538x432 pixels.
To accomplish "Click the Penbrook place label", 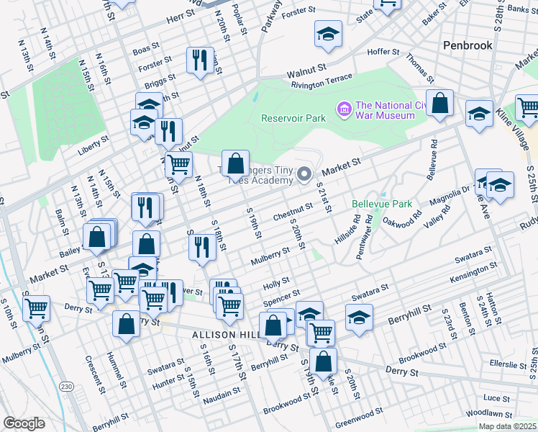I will click(468, 45).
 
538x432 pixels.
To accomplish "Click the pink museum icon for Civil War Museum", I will click(344, 109).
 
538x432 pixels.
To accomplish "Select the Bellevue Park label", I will click(382, 204).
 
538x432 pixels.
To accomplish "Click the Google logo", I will click(24, 423).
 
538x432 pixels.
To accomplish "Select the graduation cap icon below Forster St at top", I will click(328, 34).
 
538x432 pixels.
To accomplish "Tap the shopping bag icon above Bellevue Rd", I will click(439, 104).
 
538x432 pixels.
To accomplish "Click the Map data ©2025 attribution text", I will click(506, 426).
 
